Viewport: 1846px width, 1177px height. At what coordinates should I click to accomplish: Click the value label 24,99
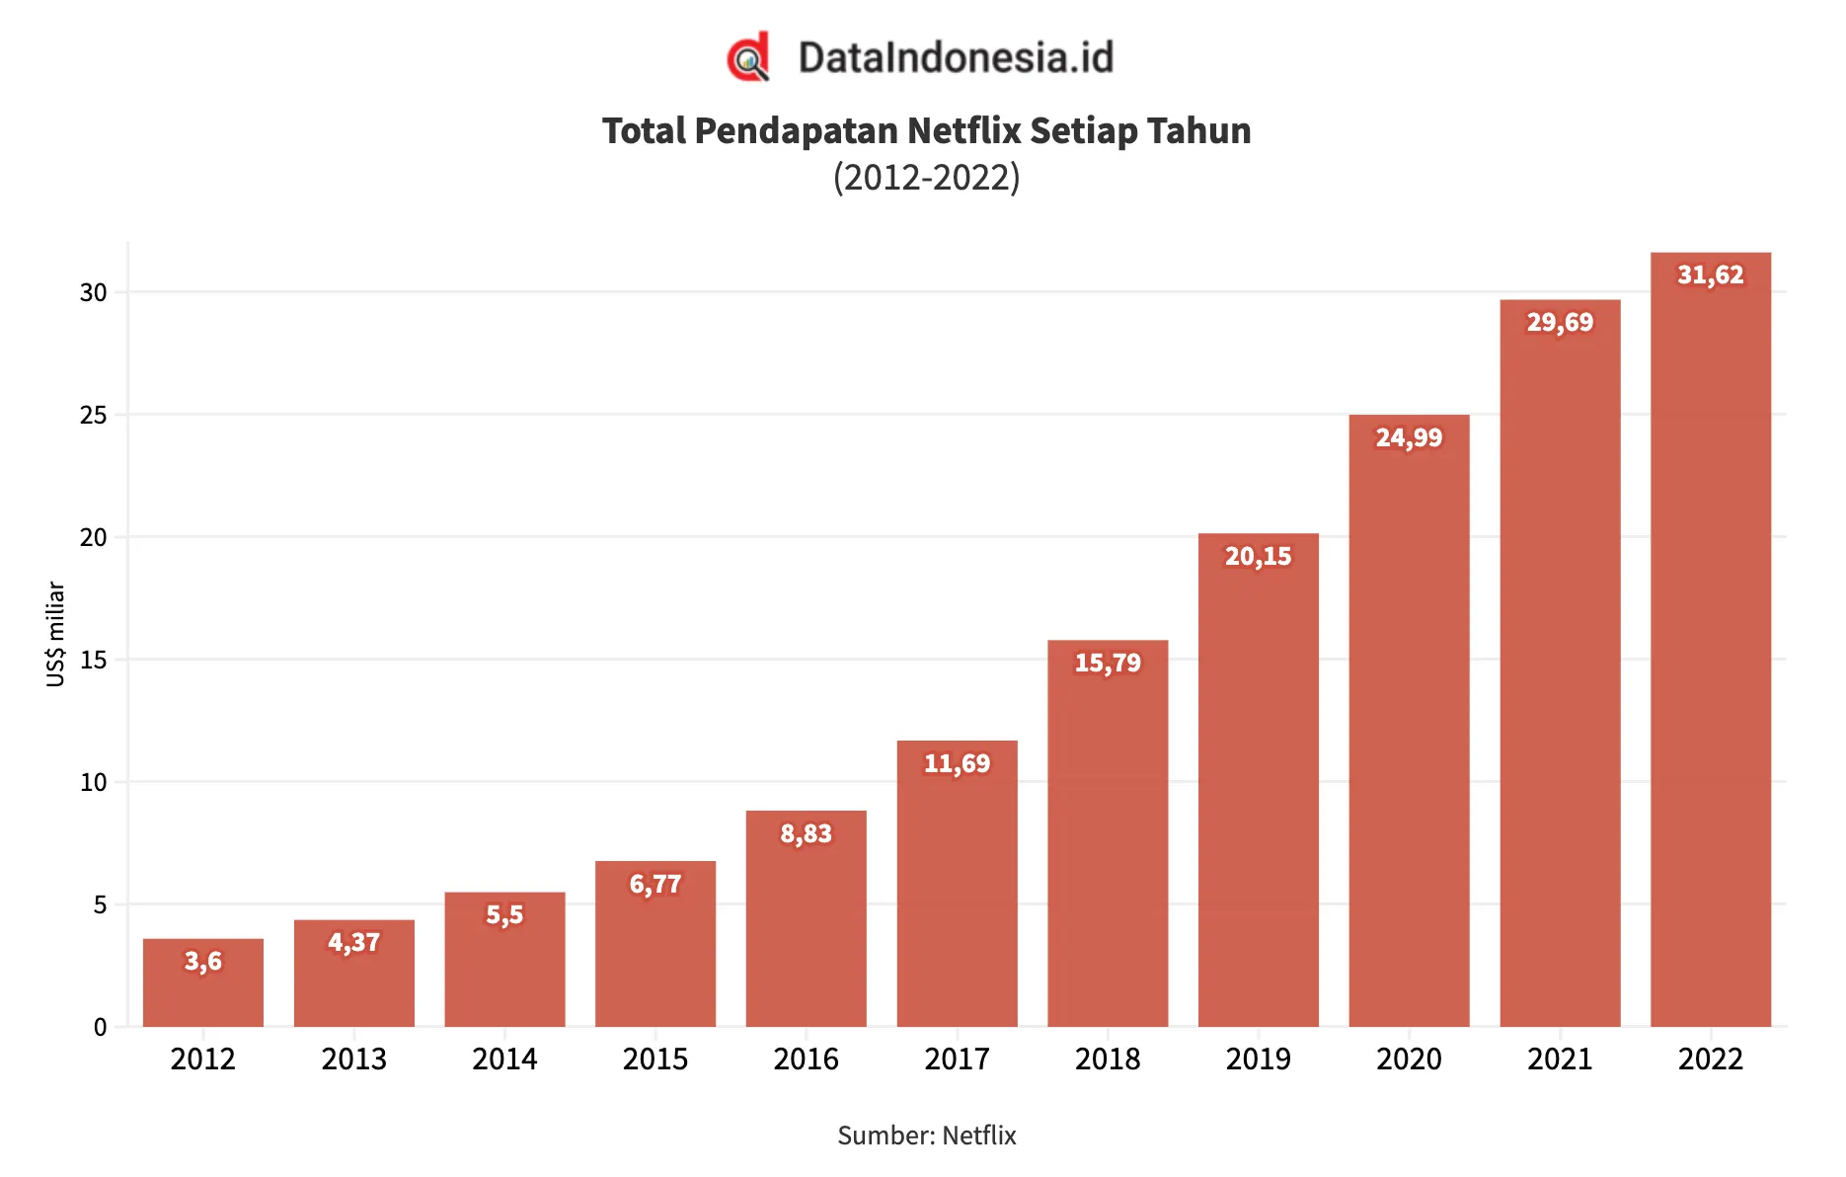pos(1409,437)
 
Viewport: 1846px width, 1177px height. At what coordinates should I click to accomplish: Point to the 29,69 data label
pos(1560,322)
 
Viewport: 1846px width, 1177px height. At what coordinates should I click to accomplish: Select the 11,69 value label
pos(957,763)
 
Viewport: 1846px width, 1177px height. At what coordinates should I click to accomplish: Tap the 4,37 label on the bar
pos(353,943)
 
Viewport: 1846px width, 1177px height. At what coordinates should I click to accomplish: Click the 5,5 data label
pos(504,915)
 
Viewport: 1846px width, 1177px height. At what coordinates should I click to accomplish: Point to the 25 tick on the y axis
pos(94,415)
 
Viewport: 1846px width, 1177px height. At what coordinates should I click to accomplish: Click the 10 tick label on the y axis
pos(94,782)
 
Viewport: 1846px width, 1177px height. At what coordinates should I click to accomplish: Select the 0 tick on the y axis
pos(100,1027)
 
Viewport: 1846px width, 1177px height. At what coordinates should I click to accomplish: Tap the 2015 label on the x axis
pos(655,1059)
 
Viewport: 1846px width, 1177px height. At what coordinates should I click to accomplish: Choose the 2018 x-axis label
pos(1108,1059)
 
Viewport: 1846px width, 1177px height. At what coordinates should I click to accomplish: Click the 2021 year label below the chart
pos(1560,1059)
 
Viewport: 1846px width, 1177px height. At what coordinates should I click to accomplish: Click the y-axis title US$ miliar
pos(55,634)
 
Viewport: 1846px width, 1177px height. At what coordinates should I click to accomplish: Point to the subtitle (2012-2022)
pos(926,178)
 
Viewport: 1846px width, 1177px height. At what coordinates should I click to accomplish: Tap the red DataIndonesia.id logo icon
pos(748,57)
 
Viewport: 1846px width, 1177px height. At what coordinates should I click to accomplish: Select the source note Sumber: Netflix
pos(926,1136)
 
